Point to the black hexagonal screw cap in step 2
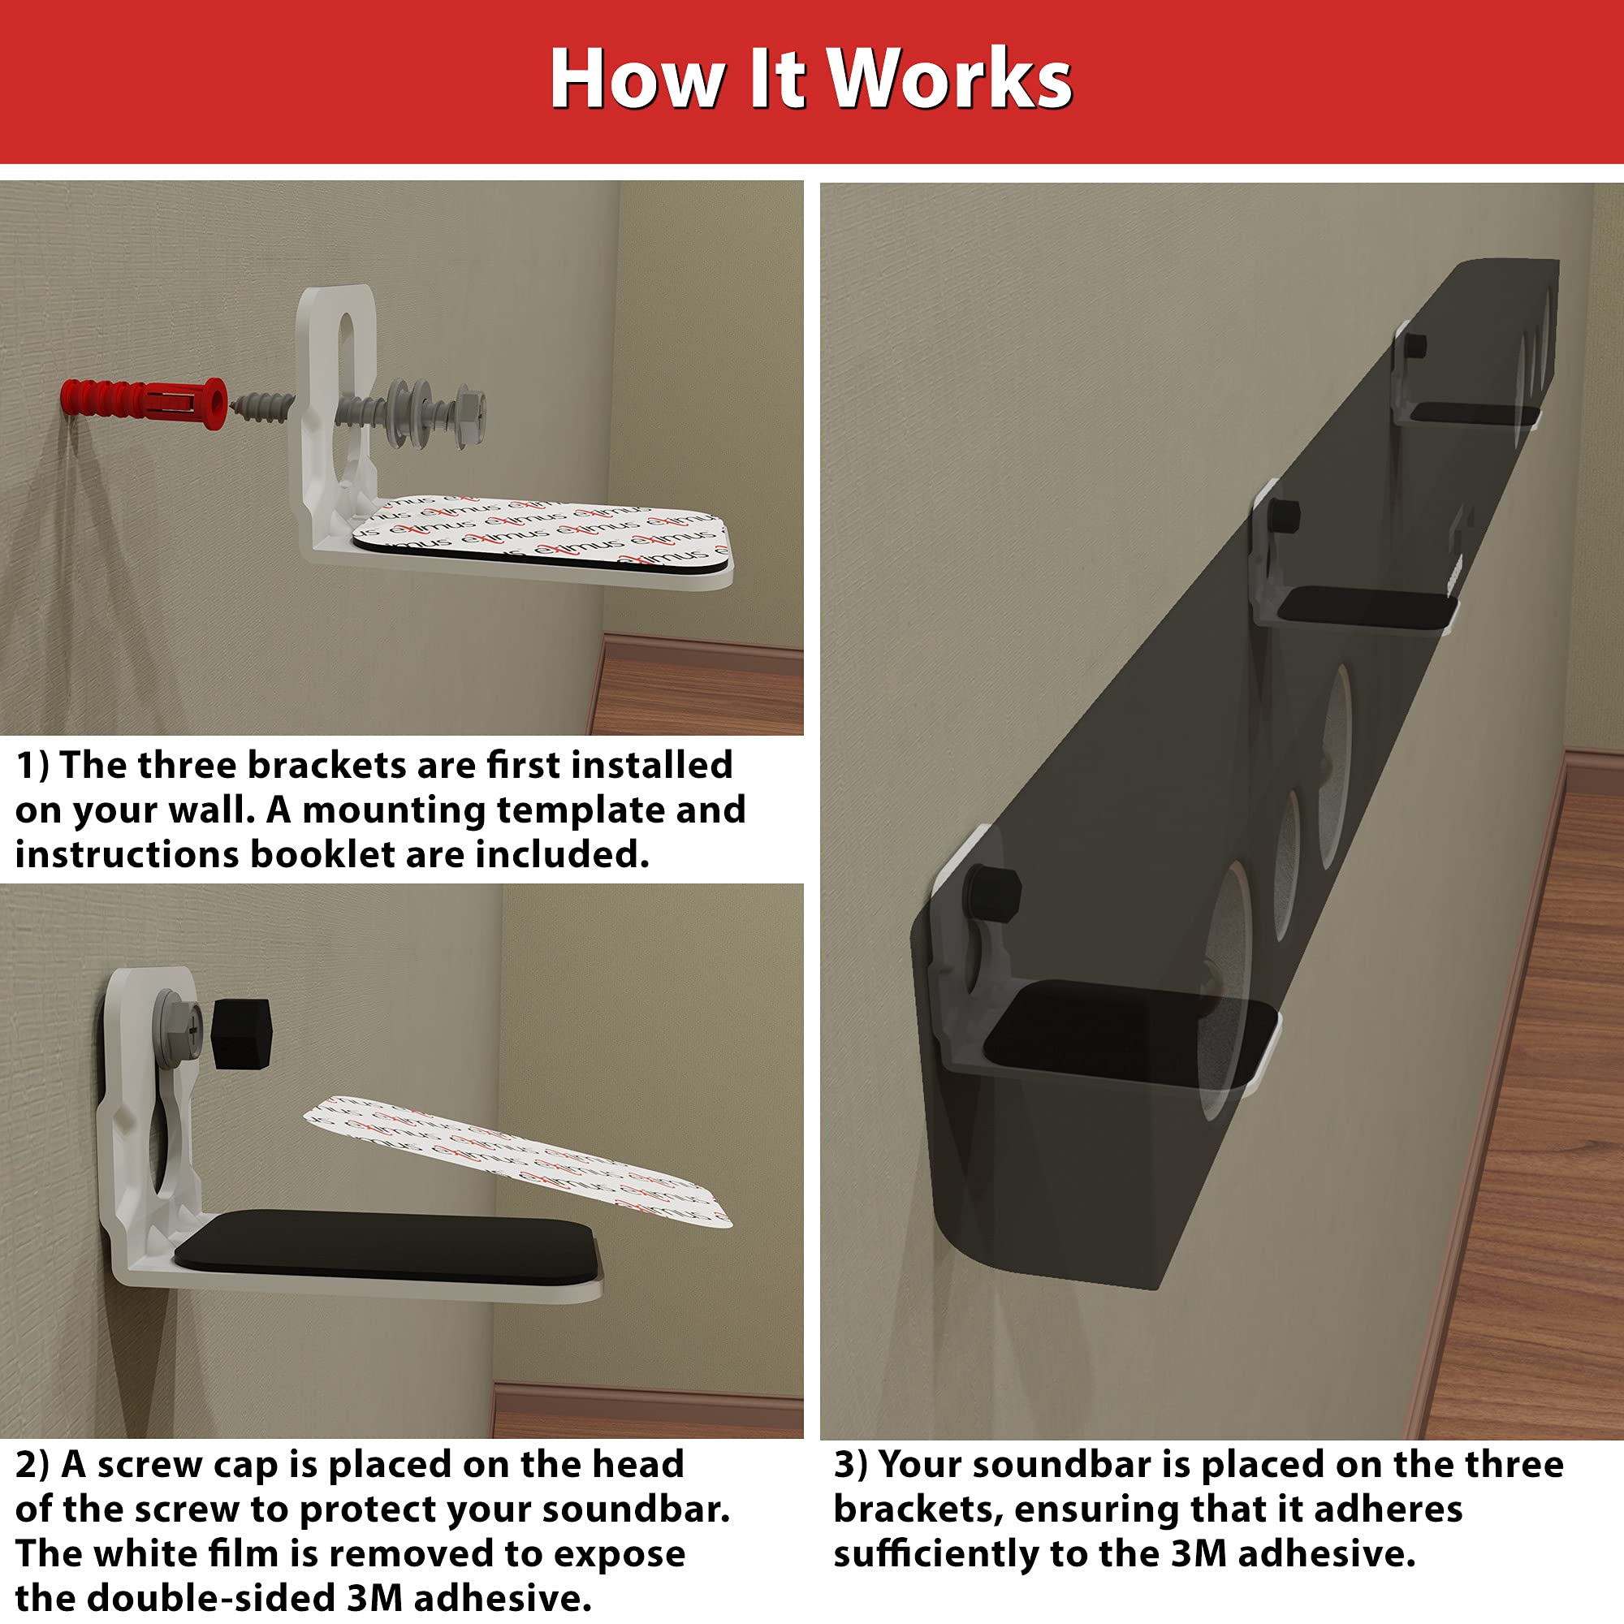pyautogui.click(x=240, y=1033)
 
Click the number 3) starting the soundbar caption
pyautogui.click(x=852, y=1465)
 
